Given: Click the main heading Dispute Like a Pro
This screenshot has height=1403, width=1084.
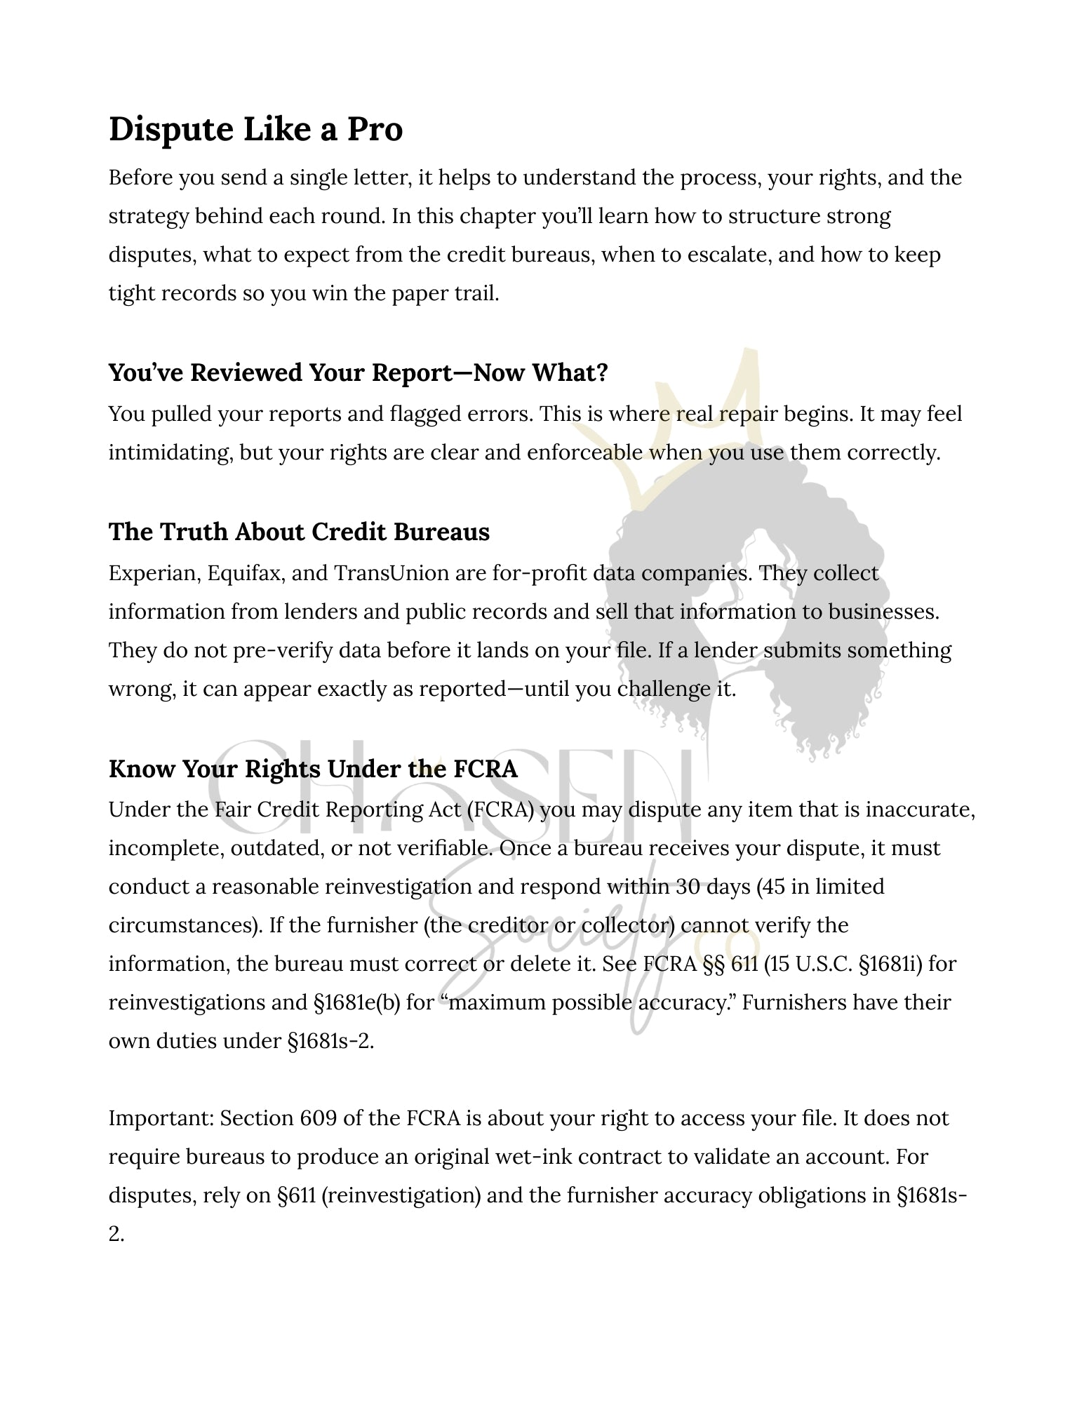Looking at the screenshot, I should [255, 129].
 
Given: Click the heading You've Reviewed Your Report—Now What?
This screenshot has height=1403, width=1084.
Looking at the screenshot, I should [358, 372].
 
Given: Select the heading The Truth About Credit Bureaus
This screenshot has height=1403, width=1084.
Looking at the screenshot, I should [299, 532].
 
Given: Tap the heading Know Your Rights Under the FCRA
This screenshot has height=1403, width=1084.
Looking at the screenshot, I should [313, 769].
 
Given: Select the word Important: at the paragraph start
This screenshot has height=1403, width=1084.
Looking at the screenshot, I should [161, 1117].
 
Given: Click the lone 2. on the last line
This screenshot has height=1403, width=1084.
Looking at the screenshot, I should [116, 1233].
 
